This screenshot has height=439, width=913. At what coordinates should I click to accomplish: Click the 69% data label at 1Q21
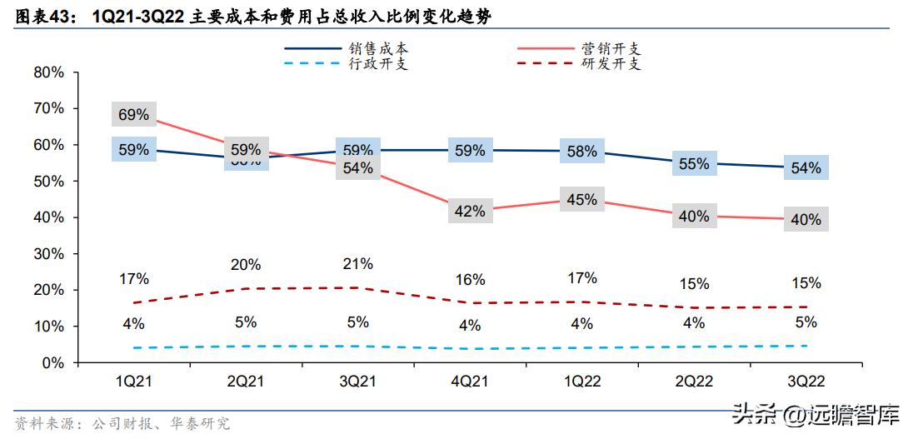[133, 115]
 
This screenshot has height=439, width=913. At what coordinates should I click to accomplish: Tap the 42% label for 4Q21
[469, 212]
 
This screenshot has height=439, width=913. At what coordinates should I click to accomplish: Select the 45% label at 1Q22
[582, 200]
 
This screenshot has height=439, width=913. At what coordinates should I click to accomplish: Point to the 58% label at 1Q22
[582, 152]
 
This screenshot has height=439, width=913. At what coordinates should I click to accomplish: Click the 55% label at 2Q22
[694, 164]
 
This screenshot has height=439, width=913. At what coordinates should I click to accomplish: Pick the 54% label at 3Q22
[806, 168]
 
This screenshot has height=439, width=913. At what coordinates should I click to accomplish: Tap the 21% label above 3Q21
[357, 264]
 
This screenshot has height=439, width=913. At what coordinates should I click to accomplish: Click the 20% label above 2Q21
[246, 265]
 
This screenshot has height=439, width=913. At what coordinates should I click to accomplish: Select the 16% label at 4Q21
[469, 280]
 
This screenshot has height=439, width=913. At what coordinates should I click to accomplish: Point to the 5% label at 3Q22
[806, 322]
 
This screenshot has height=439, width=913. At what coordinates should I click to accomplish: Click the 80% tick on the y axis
[48, 72]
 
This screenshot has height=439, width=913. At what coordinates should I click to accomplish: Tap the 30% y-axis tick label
[48, 254]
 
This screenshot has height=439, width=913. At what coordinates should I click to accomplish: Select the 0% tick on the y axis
[52, 363]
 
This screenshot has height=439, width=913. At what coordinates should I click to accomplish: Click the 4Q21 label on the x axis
[469, 382]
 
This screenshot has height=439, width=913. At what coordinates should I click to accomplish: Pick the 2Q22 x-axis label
[694, 382]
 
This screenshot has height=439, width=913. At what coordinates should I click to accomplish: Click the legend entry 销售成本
[378, 50]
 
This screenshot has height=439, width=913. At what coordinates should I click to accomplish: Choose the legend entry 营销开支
[611, 50]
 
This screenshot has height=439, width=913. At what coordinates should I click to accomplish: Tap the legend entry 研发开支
[611, 64]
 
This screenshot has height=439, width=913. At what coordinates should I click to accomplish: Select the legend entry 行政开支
[378, 64]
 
